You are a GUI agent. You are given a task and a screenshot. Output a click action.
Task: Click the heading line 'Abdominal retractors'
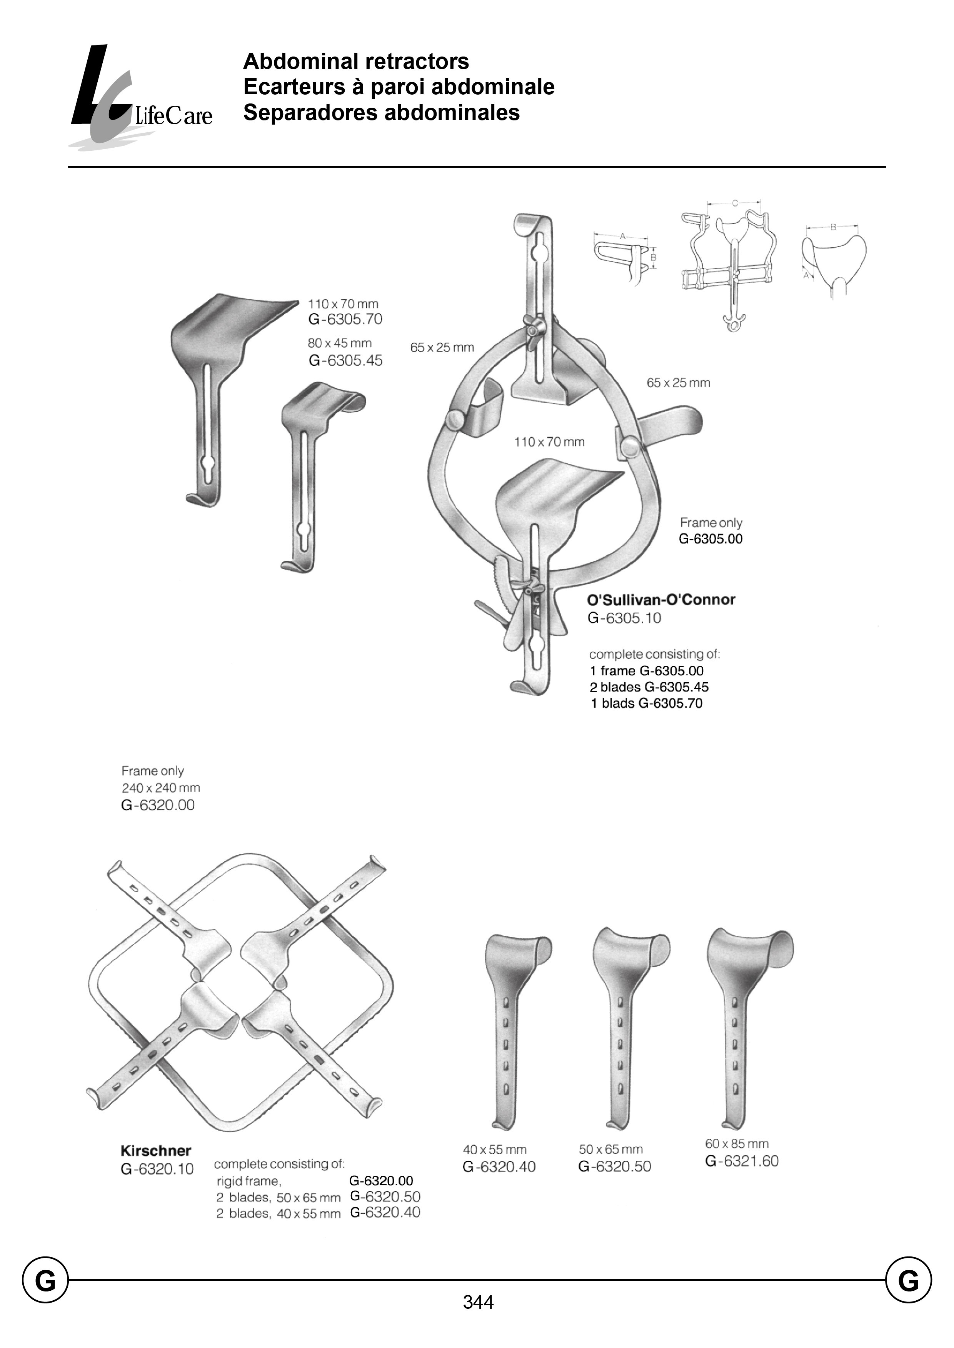pos(356,61)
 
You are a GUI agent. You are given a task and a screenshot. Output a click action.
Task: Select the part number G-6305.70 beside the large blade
pos(345,320)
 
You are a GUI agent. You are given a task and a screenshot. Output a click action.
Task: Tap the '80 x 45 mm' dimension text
pos(340,343)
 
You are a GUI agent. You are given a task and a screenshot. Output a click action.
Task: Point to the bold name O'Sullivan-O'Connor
pos(661,600)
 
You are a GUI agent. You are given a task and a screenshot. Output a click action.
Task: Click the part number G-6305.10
pos(624,618)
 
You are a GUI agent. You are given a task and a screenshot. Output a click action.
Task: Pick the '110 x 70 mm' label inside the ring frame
pos(549,442)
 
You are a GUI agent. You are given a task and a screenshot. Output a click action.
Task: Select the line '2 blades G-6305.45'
pos(649,687)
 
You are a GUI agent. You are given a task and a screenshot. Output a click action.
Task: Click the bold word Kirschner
pos(156,1151)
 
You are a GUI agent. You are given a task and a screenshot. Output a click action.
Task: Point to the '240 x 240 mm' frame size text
pos(160,788)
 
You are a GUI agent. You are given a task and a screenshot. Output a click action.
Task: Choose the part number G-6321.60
pos(742,1161)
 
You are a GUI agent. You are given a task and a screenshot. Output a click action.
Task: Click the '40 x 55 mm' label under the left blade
pos(495,1150)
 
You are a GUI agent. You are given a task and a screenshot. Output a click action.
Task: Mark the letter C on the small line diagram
pos(734,203)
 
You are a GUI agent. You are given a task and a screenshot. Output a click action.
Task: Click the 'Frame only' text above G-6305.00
pos(711,523)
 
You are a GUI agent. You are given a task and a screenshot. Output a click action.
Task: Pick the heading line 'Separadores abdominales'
pos(381,113)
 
